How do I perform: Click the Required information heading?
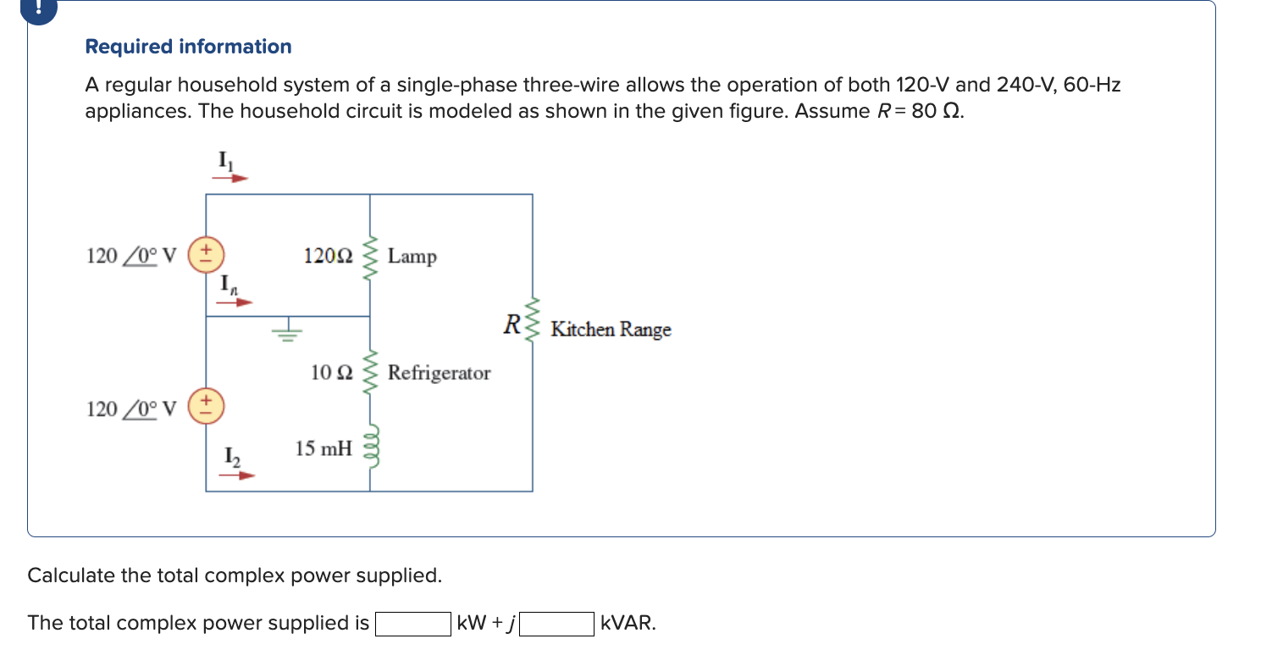(188, 47)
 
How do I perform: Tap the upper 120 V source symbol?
(206, 255)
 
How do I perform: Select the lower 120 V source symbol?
(206, 406)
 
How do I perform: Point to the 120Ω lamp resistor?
(369, 255)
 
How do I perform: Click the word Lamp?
(412, 256)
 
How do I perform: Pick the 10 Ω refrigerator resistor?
(369, 373)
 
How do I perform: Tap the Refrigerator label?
(439, 373)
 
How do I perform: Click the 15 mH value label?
(323, 448)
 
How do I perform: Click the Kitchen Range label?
(611, 329)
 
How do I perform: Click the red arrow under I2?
(236, 475)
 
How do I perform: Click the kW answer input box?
(412, 625)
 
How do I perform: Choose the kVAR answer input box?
(556, 625)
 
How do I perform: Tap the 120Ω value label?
(327, 255)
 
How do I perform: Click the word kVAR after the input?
(628, 625)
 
